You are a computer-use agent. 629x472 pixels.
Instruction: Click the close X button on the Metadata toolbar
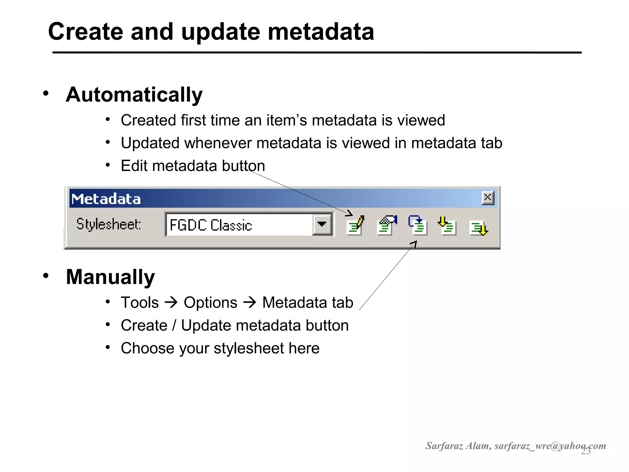click(487, 198)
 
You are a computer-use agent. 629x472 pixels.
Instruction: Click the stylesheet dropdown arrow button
click(322, 225)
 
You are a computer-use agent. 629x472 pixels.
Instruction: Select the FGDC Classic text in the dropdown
click(211, 225)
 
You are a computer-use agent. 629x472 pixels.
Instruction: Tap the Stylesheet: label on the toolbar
click(109, 224)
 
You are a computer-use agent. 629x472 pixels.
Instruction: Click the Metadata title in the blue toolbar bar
click(106, 199)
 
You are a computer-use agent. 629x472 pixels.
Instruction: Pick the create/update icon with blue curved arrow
click(417, 226)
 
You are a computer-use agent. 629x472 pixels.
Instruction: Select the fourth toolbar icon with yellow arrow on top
click(447, 226)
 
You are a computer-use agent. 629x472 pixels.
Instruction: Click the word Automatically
click(134, 95)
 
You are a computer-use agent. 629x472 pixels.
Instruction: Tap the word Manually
click(110, 277)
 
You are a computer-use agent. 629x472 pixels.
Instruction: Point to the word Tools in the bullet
click(140, 303)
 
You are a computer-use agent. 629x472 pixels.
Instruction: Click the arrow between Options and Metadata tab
click(250, 302)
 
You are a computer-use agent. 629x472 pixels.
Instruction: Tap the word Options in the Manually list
click(210, 303)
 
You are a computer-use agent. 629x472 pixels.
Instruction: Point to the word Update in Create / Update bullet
click(206, 325)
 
